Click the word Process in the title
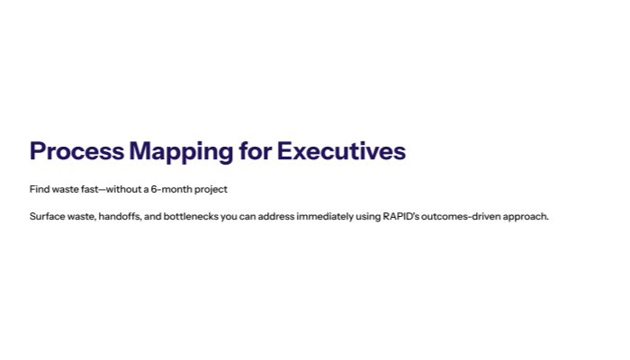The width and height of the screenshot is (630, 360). (76, 151)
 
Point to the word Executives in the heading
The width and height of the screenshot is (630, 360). (341, 151)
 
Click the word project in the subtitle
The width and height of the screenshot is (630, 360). (212, 189)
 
